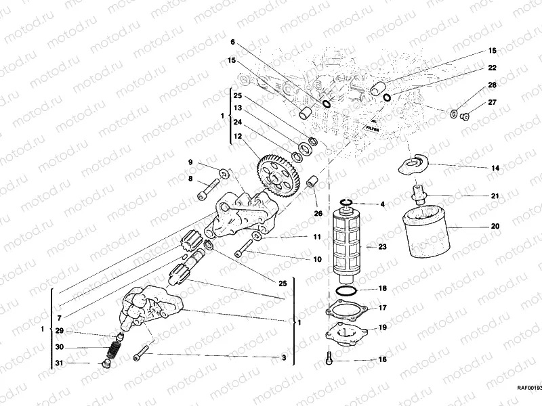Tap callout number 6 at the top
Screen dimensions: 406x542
(233, 42)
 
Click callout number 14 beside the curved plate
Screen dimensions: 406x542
(495, 167)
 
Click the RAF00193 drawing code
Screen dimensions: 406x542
(528, 388)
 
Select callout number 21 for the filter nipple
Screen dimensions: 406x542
(495, 196)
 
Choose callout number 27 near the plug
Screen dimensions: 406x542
(493, 102)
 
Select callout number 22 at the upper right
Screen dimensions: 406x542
(493, 68)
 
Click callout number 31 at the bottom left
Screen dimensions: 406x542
(59, 363)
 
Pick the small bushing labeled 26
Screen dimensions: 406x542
(313, 183)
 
